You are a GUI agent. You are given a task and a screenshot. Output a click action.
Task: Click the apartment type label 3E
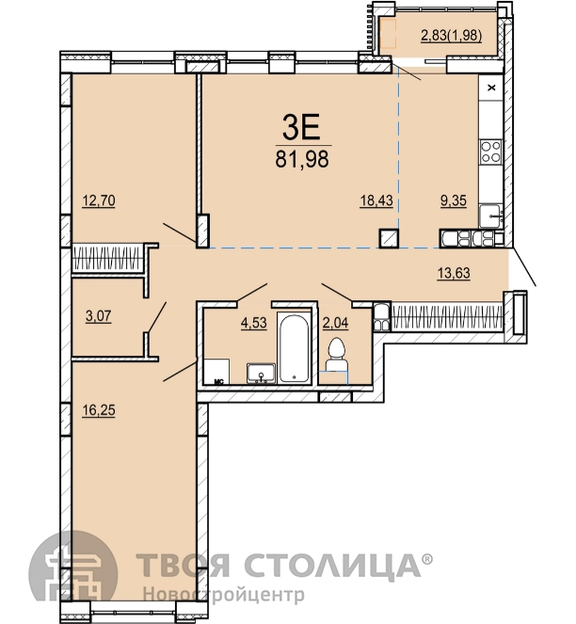pos(301,126)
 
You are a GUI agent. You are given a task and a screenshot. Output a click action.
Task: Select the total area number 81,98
pos(302,159)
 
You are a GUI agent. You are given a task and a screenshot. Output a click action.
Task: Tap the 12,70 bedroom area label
pos(99,200)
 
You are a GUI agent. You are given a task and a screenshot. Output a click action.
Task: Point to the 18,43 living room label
pos(376,200)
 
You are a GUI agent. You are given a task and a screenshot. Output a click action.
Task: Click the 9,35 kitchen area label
pos(454,200)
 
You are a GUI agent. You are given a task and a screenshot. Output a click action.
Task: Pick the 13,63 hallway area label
pos(454,273)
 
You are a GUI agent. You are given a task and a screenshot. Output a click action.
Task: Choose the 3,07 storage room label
pos(98,316)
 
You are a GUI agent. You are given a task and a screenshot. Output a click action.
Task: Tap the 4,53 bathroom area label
pos(253,322)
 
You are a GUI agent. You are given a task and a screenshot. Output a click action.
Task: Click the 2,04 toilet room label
pos(335,323)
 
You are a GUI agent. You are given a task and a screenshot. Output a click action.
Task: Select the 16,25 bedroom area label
pos(99,409)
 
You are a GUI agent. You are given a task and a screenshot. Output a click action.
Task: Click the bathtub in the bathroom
pos(294,348)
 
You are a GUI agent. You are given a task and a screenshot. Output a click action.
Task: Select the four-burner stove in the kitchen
pos(490,152)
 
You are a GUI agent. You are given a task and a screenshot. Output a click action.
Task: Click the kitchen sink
pos(490,216)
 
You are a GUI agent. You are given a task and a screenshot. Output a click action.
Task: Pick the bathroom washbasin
pos(261,374)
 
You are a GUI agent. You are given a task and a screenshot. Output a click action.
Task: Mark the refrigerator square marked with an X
pos(491,88)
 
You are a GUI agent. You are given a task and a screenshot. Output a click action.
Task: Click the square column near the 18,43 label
pos(389,238)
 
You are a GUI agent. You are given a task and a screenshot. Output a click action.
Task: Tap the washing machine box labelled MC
pos(216,372)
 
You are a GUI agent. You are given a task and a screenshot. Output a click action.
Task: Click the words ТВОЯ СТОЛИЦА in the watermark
pos(279,565)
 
